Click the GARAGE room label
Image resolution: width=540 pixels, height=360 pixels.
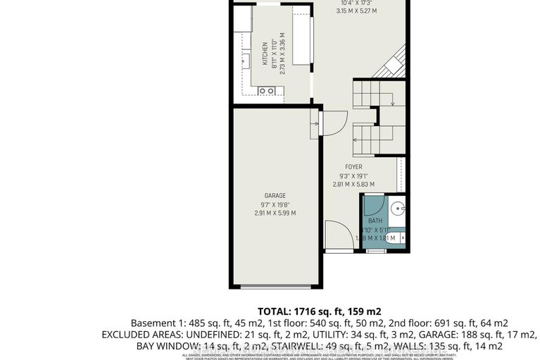pos(275,194)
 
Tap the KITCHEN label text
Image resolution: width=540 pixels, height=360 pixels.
pos(265,53)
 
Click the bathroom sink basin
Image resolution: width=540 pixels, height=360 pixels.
pos(398,208)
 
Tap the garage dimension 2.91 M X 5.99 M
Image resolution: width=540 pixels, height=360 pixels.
pos(275,213)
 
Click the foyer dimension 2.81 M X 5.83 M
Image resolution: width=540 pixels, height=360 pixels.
pos(353,185)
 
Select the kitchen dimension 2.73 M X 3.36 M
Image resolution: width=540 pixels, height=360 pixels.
pos(282,54)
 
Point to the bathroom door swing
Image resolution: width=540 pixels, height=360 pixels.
pos(372,206)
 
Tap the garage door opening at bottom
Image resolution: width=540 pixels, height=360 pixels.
pos(272,287)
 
